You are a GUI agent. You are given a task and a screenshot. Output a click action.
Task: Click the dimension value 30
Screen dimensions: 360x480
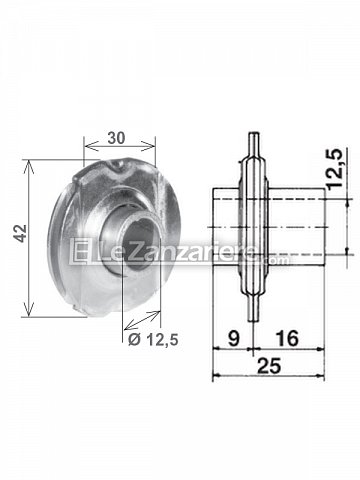pos(116,138)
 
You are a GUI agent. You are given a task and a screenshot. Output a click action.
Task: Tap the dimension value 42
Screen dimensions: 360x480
pos(20,233)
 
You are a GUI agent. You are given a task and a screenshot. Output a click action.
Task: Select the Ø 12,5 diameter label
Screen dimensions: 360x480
pos(153,340)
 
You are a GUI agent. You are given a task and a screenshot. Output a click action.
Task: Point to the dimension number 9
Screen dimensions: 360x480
pos(234,339)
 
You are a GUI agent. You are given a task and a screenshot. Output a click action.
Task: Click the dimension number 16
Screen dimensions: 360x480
pos(287,339)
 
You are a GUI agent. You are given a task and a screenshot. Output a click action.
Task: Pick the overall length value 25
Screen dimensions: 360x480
pos(270,366)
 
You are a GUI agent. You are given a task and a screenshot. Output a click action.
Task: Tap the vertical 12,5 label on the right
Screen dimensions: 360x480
pos(335,169)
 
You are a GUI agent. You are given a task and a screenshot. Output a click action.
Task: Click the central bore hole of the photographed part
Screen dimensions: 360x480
pos(142,242)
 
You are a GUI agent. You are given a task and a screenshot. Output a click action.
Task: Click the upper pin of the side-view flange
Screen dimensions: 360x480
pos(254,143)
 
